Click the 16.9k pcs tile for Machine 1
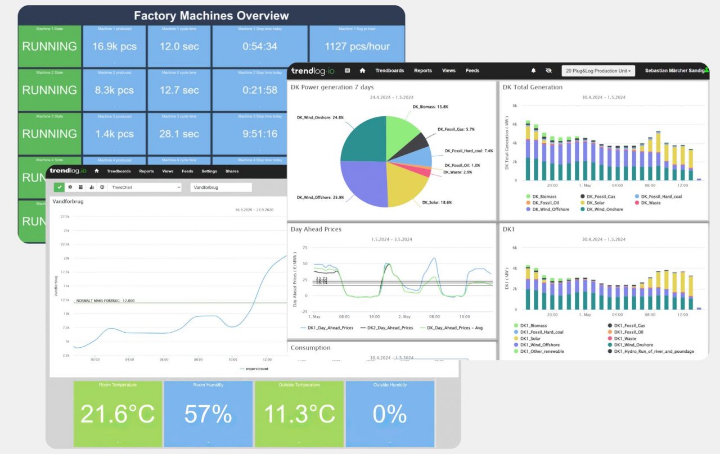(114, 47)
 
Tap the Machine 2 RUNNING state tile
(49, 90)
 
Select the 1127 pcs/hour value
(357, 47)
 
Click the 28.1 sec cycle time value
(179, 134)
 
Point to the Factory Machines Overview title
(211, 16)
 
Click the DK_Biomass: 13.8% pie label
(430, 106)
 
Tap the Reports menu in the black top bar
(423, 71)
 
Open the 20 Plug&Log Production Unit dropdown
(598, 71)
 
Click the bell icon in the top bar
(533, 71)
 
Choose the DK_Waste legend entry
(650, 203)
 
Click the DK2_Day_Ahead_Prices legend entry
(389, 328)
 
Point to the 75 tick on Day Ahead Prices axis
(304, 248)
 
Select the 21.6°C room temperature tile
(118, 414)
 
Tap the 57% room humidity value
(208, 414)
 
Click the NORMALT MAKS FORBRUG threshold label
(105, 301)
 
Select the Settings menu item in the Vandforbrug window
(209, 171)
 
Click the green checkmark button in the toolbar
(58, 187)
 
